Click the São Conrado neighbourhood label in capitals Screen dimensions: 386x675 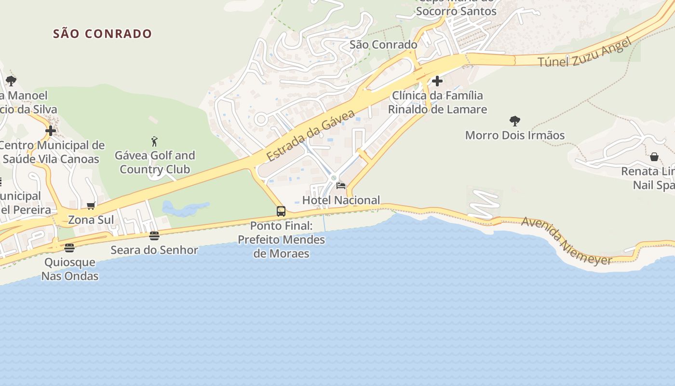point(102,34)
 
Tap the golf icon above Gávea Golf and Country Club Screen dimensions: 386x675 point(154,141)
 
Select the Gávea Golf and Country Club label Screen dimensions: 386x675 point(155,162)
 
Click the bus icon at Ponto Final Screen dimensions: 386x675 point(281,211)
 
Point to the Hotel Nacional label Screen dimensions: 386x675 point(341,200)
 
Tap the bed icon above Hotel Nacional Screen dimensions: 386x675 point(341,186)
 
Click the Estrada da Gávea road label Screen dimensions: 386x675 point(310,136)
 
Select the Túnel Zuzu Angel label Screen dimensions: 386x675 point(584,53)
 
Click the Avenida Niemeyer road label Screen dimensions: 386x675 point(567,241)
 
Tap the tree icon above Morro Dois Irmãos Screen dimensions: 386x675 point(515,121)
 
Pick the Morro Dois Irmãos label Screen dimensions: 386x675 point(514,135)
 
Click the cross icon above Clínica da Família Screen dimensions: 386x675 point(437,81)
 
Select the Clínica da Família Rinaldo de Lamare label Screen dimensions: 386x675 point(437,102)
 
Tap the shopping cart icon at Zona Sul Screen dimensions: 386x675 point(91,206)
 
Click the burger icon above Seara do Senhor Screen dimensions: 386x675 point(154,236)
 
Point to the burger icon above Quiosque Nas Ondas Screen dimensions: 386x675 point(69,248)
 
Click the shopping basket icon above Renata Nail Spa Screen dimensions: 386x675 point(654,157)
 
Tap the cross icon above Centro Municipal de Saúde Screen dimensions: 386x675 point(51,131)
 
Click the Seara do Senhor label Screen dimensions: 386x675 point(154,250)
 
